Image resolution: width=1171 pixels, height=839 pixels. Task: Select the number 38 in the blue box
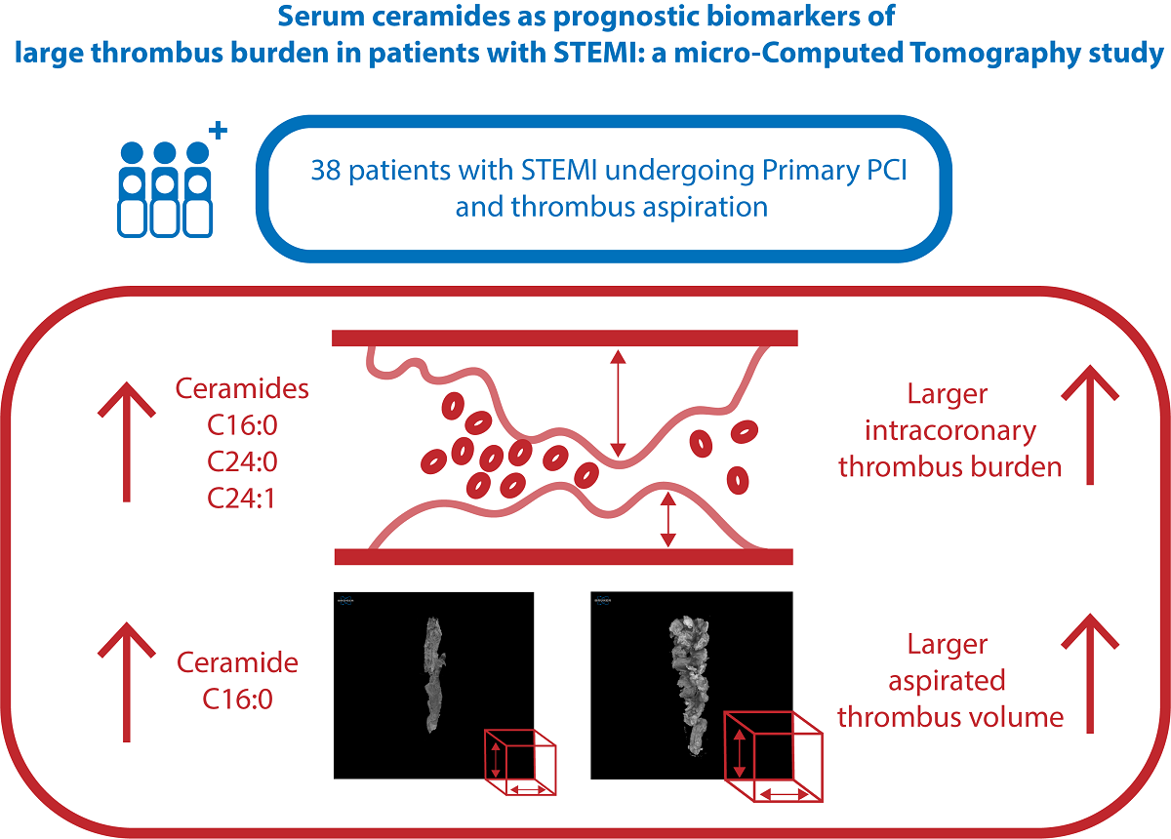[325, 171]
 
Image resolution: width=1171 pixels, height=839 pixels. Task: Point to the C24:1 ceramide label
[242, 498]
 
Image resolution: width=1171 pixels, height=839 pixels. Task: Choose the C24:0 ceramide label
[242, 461]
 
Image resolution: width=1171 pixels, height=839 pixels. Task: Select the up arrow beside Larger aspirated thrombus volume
[1089, 672]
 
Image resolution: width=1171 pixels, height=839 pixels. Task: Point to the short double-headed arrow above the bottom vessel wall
[668, 519]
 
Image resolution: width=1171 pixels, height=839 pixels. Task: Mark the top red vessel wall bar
[565, 338]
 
